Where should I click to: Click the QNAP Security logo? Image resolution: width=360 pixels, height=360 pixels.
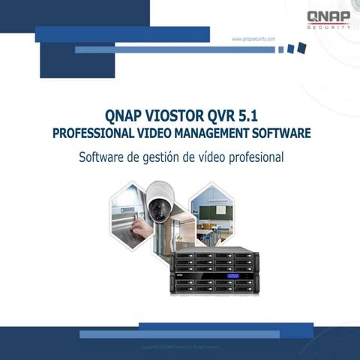pos(328,19)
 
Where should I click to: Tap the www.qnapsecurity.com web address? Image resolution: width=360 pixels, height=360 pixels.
pos(253,39)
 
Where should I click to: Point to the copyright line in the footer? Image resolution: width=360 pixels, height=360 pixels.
pos(180,346)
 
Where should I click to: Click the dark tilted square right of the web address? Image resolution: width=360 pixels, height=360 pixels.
pos(301,47)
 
